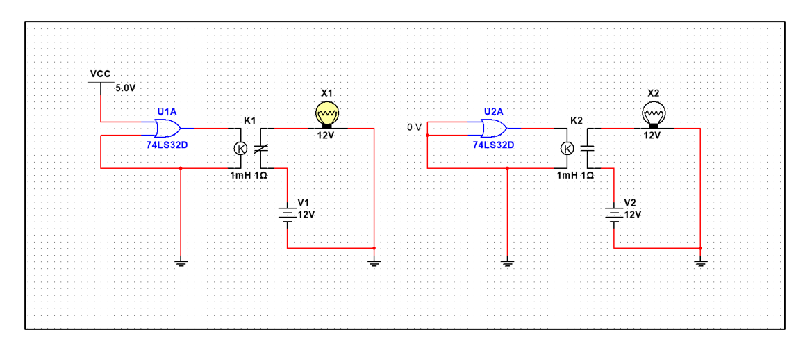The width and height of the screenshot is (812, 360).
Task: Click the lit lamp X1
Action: pyautogui.click(x=326, y=113)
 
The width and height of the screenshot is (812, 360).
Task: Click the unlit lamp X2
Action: pyautogui.click(x=653, y=113)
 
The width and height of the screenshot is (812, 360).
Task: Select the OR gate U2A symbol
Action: pyautogui.click(x=492, y=129)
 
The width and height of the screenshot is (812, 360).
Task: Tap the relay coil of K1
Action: pyautogui.click(x=240, y=148)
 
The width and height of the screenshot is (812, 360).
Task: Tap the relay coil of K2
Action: pyautogui.click(x=567, y=148)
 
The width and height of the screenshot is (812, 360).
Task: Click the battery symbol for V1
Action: pyautogui.click(x=288, y=213)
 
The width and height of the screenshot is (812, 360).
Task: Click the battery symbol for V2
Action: pyautogui.click(x=614, y=213)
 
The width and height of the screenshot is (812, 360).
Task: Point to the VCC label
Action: pyautogui.click(x=100, y=74)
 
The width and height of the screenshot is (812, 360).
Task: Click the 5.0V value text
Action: pyautogui.click(x=126, y=88)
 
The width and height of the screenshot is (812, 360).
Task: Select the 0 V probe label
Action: pyautogui.click(x=414, y=127)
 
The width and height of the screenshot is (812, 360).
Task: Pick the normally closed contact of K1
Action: pyautogui.click(x=260, y=148)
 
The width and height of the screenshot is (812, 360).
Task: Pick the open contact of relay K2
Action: pyautogui.click(x=587, y=148)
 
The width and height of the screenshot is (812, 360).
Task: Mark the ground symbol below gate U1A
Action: pyautogui.click(x=181, y=263)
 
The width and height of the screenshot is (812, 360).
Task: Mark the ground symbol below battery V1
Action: pyautogui.click(x=374, y=263)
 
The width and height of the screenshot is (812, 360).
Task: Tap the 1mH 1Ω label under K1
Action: pyautogui.click(x=249, y=176)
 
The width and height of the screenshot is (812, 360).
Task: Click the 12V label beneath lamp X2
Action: pyautogui.click(x=652, y=135)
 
